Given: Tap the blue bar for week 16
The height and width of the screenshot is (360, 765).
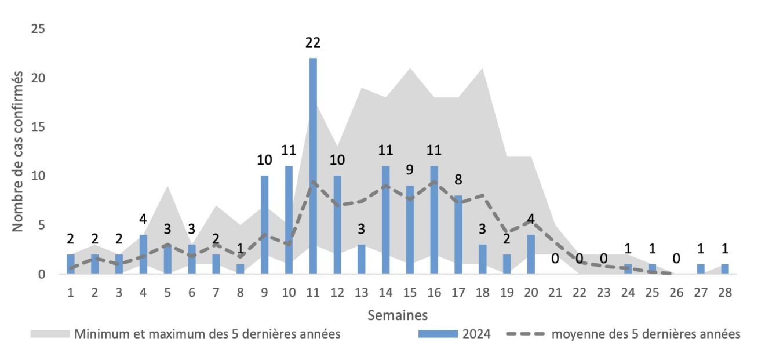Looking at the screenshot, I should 434,220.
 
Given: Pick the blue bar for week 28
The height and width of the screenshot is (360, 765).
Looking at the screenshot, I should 724,269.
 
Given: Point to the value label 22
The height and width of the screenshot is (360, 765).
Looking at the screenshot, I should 313,42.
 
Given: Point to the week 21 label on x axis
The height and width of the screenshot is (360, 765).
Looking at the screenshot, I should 555,293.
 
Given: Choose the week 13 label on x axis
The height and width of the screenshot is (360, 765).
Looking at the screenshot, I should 361,293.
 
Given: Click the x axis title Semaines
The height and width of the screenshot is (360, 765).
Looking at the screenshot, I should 398,315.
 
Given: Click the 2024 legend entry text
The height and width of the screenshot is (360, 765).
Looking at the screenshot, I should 476,334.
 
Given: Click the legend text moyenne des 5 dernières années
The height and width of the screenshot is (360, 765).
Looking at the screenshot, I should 646,334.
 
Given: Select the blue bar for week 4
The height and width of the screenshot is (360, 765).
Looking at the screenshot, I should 144,254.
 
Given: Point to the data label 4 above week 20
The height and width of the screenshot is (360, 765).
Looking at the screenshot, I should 531,220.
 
